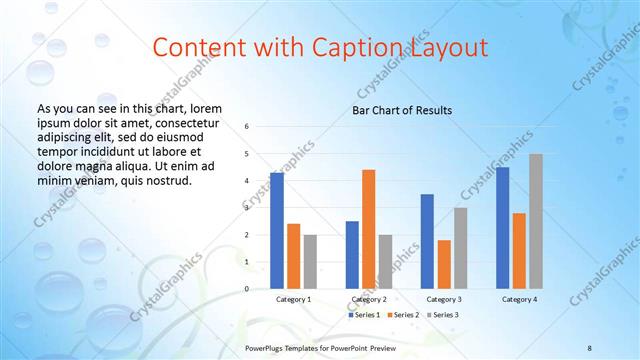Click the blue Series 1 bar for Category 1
(277, 231)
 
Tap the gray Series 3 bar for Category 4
(536, 221)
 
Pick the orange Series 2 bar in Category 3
(444, 264)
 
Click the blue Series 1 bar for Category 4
(502, 228)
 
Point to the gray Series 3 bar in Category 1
(310, 262)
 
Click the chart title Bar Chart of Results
(401, 110)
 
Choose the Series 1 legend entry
(363, 315)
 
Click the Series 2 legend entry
(402, 315)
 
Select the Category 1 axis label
(293, 299)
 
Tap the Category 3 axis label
(443, 299)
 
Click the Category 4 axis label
(518, 299)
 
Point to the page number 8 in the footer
(590, 346)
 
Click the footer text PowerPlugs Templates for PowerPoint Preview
(321, 346)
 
